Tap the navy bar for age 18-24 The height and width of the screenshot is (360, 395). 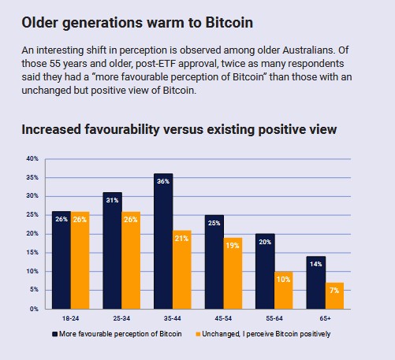click(x=61, y=260)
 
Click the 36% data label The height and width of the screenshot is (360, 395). click(x=163, y=180)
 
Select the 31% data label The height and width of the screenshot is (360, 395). click(x=113, y=199)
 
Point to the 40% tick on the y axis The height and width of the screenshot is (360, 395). click(x=32, y=158)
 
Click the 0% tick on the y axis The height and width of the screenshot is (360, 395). click(x=34, y=309)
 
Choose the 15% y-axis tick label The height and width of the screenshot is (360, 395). click(x=32, y=252)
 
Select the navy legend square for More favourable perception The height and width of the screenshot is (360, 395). click(x=55, y=334)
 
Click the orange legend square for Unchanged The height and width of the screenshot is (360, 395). click(x=197, y=334)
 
